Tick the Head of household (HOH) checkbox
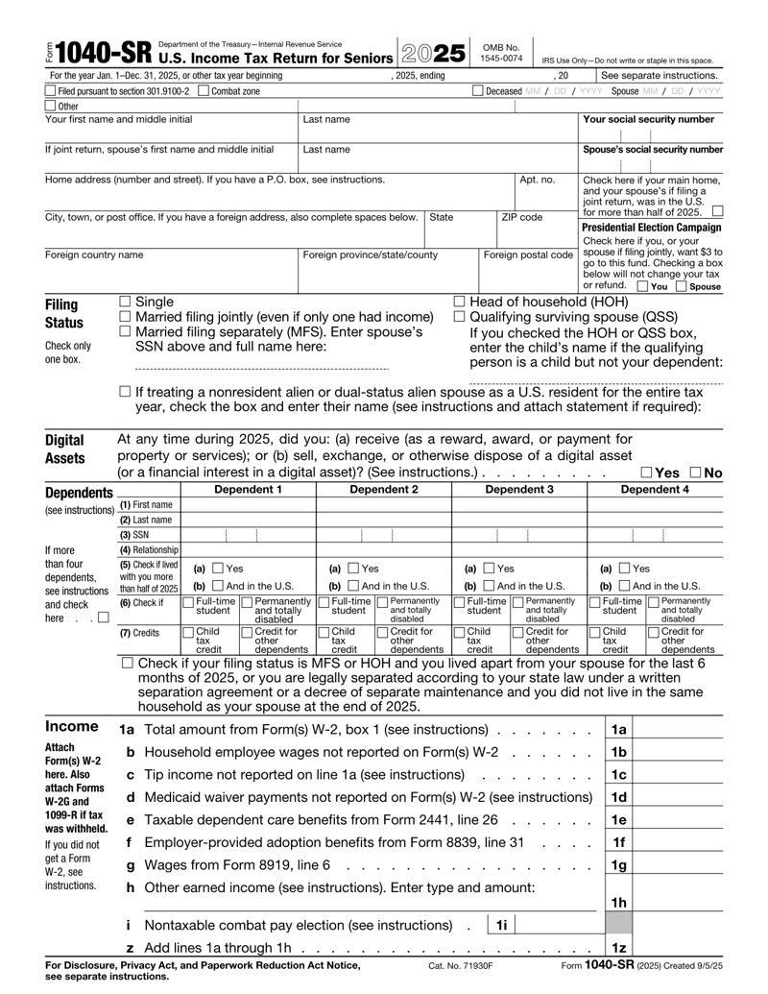459,303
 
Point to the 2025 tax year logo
432,55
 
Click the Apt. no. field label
537,179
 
